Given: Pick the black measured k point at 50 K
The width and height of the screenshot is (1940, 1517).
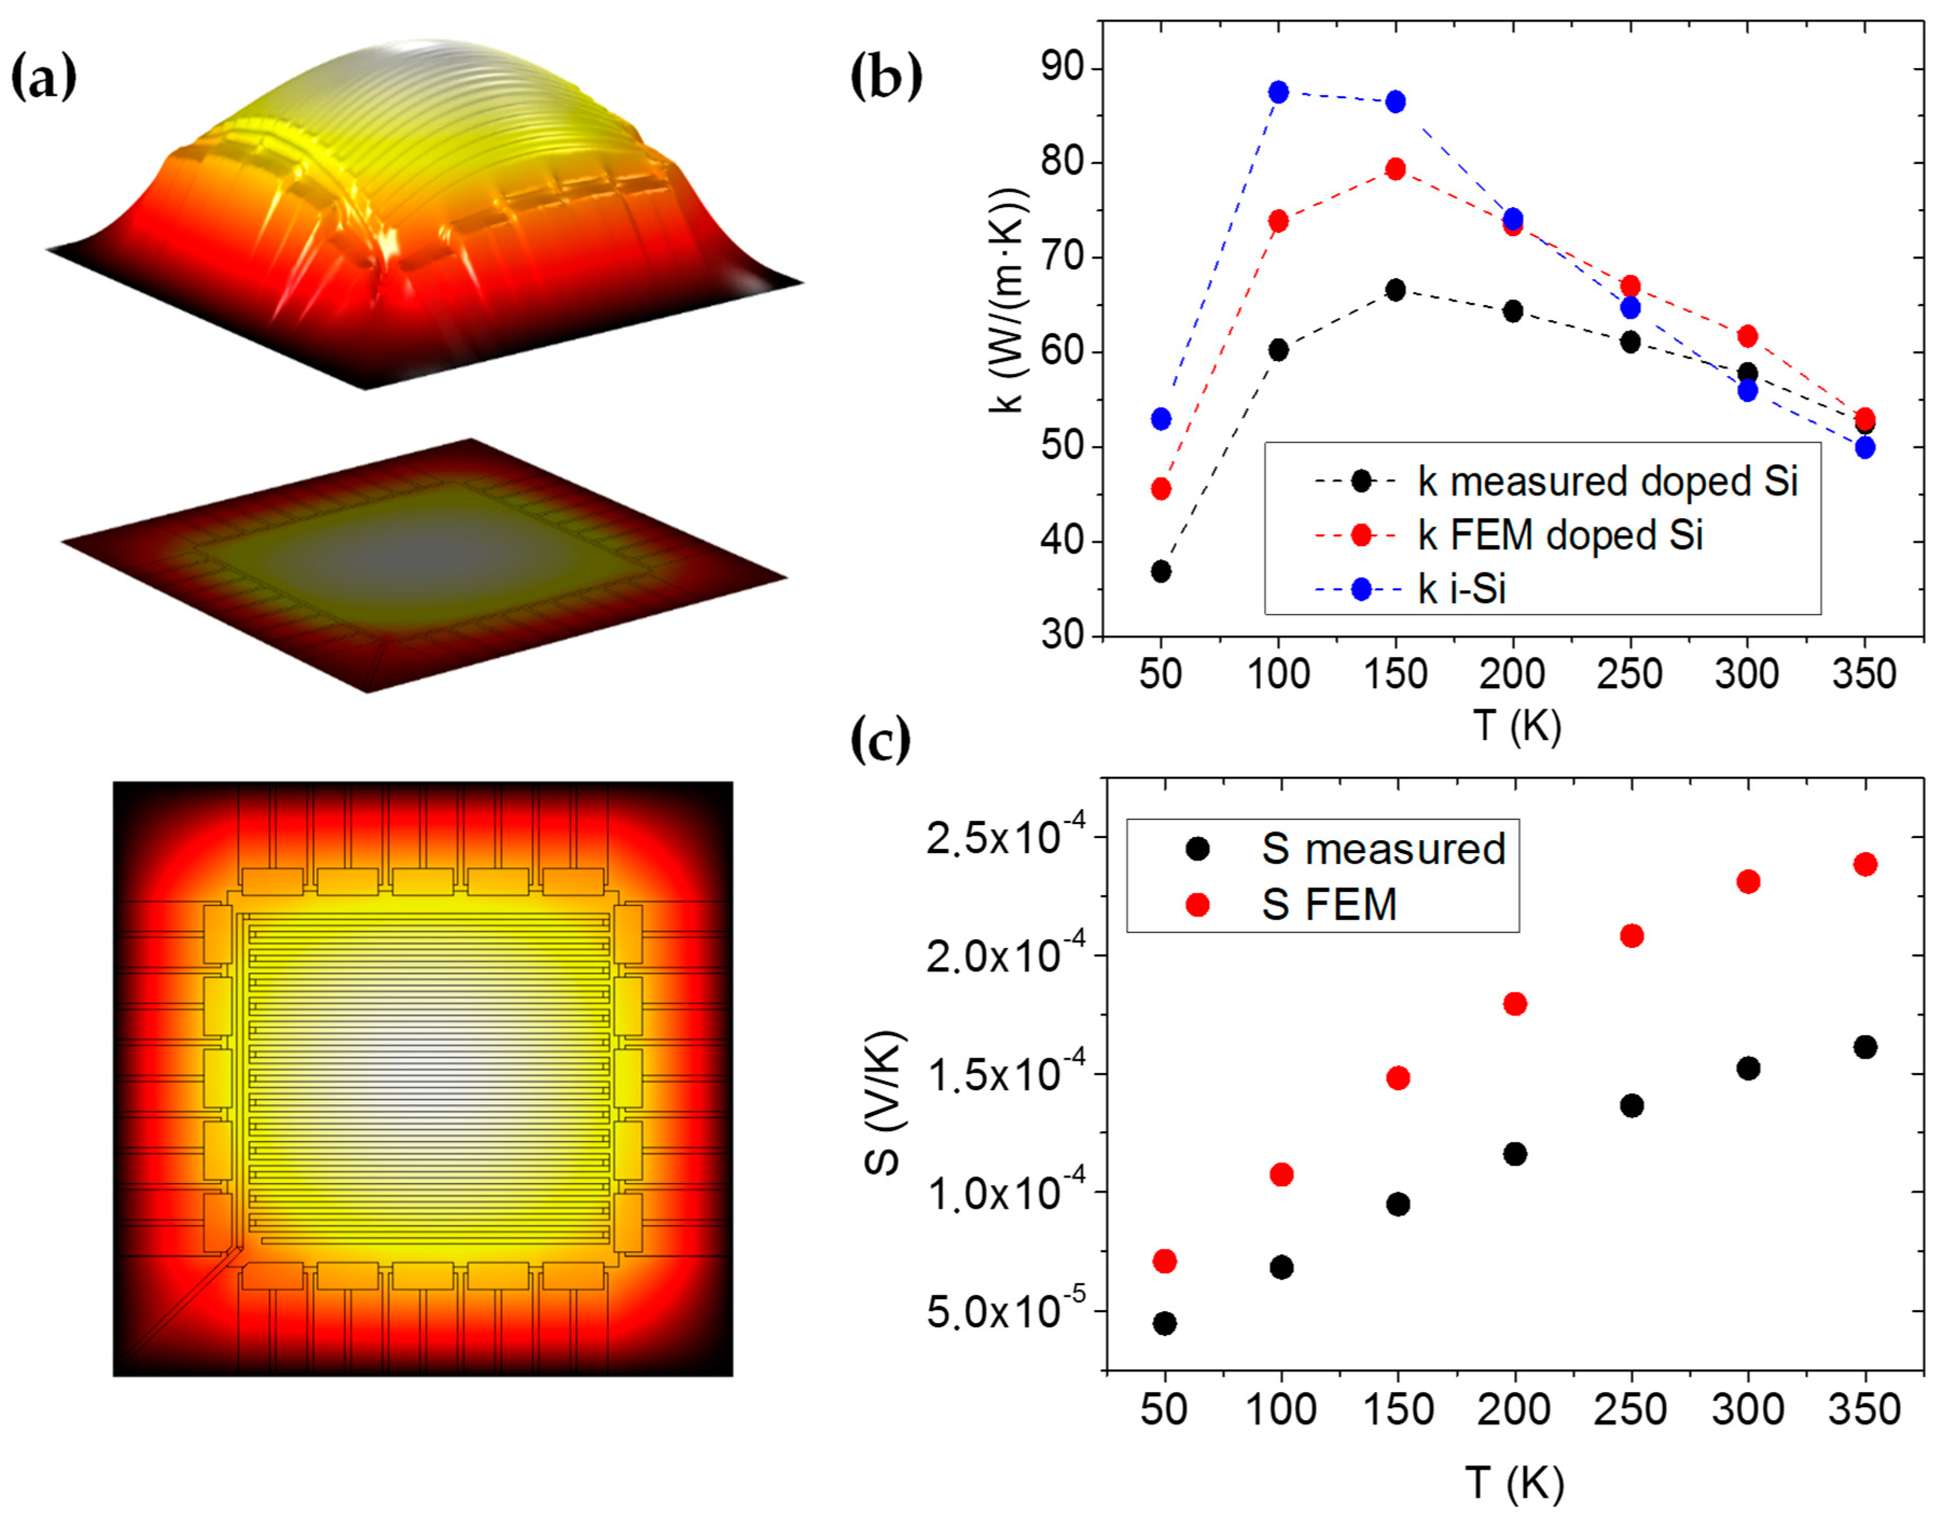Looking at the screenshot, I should [x=1161, y=571].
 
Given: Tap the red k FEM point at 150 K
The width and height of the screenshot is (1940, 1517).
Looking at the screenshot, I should [x=1396, y=169].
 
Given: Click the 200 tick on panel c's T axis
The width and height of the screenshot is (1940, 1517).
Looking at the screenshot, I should [x=1514, y=1410].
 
